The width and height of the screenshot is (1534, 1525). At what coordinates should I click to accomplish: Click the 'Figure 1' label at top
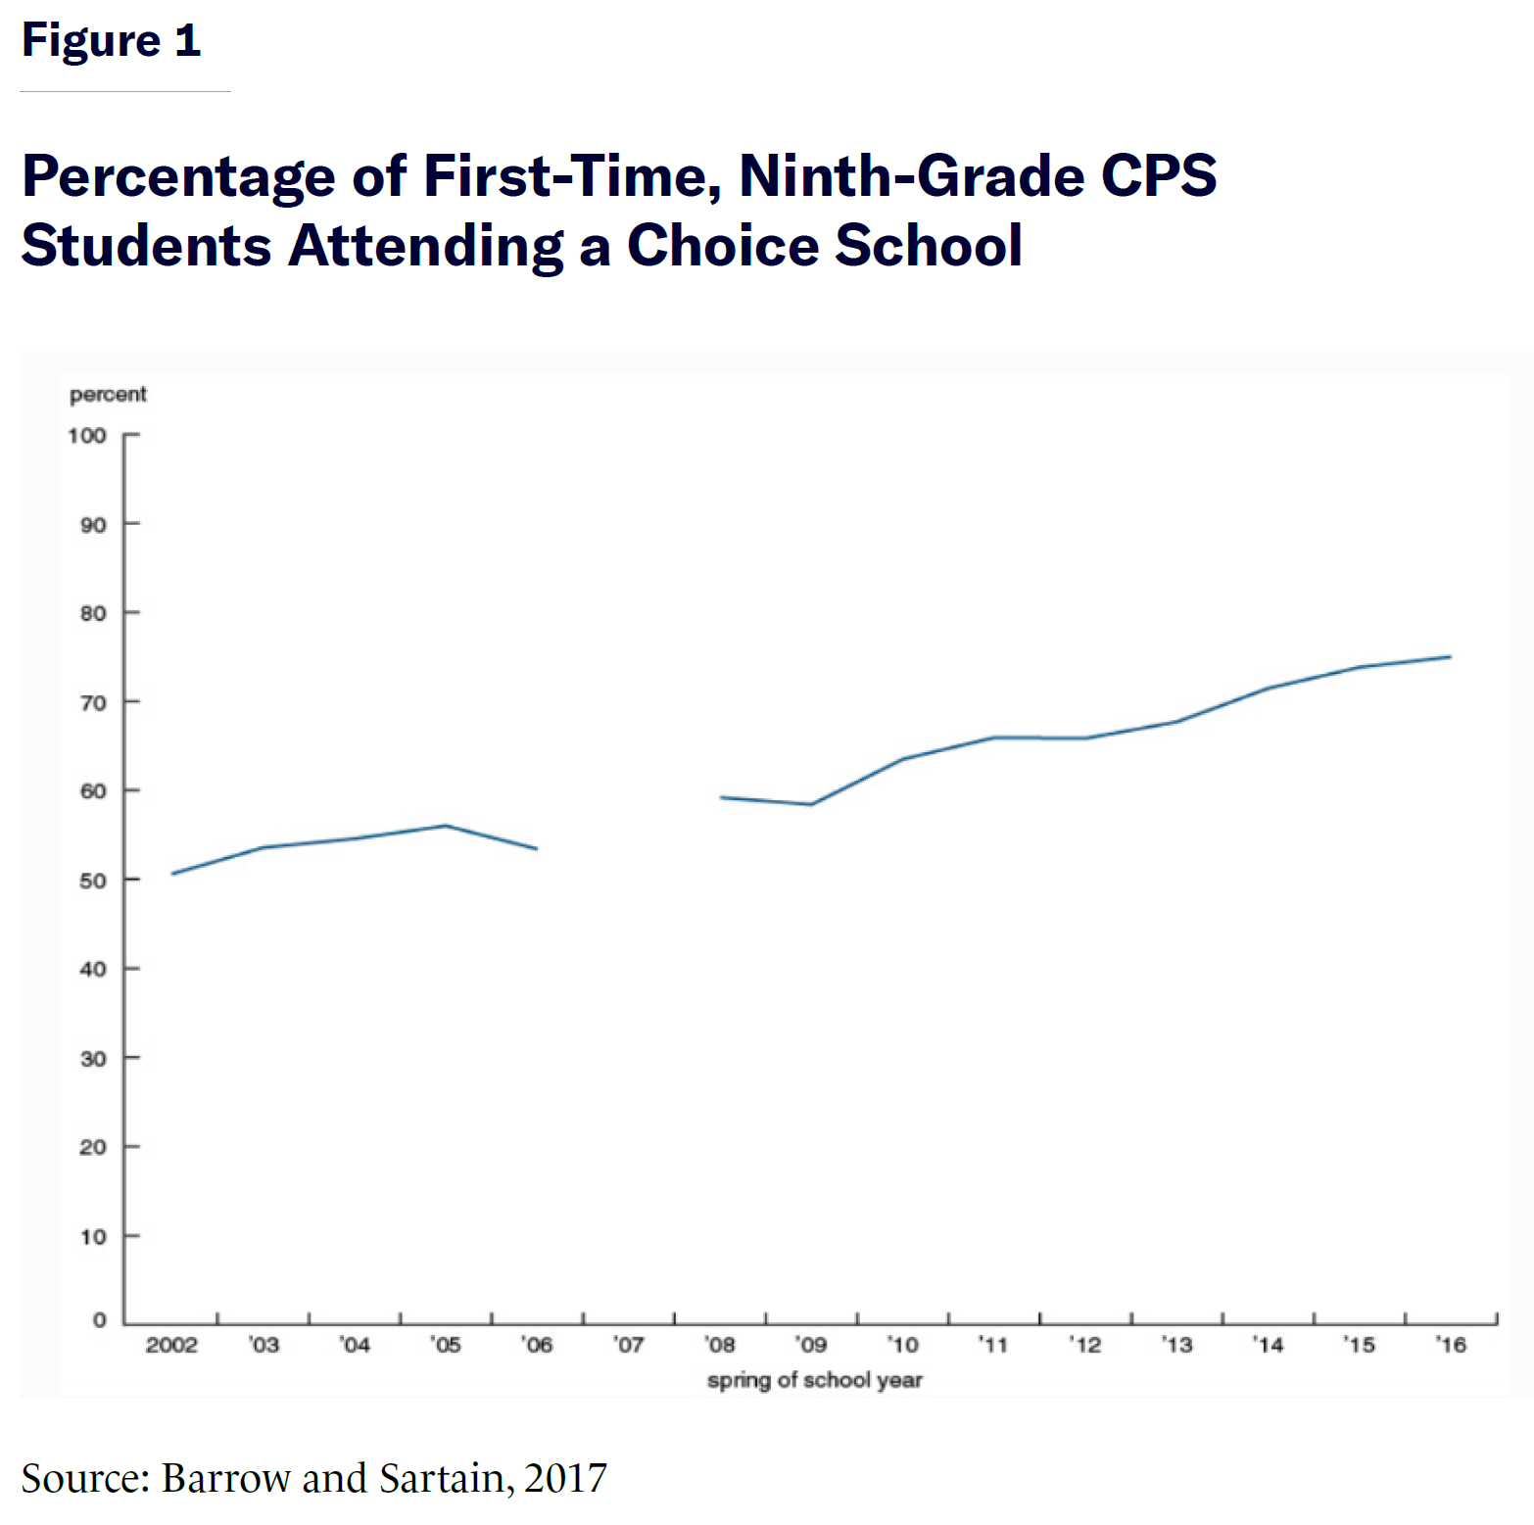click(x=111, y=41)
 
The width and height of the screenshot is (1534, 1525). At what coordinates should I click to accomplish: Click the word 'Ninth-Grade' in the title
click(x=911, y=176)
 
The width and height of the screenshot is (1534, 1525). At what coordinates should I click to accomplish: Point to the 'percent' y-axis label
click(x=108, y=395)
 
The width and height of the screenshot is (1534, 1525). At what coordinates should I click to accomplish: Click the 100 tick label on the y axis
click(x=87, y=436)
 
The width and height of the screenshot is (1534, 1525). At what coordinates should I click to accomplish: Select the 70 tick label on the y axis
click(x=93, y=703)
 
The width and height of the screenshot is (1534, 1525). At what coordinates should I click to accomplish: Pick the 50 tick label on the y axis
click(x=93, y=881)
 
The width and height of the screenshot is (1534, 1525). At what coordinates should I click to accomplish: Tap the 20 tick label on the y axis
click(x=93, y=1147)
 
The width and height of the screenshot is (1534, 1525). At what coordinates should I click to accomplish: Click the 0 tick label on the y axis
click(x=99, y=1320)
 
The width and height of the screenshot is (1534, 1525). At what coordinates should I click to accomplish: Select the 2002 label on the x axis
click(x=171, y=1346)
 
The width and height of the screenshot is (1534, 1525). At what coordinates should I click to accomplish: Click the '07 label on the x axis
click(x=629, y=1346)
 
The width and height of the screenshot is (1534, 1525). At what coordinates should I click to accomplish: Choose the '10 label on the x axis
click(x=902, y=1346)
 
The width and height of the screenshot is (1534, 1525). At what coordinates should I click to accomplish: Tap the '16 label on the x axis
click(x=1451, y=1346)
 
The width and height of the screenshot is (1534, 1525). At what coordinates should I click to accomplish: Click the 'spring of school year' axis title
click(x=814, y=1380)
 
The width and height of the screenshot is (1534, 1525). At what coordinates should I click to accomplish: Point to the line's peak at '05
click(x=446, y=826)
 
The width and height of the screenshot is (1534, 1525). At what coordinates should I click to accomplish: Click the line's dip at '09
click(x=811, y=804)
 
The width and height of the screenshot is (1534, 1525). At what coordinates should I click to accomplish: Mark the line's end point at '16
click(x=1450, y=657)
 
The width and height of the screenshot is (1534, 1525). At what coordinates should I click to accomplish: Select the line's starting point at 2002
click(x=172, y=874)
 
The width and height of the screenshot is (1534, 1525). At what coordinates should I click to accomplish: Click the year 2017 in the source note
click(x=565, y=1478)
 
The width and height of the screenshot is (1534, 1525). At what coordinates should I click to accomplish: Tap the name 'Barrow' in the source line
click(x=225, y=1478)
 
